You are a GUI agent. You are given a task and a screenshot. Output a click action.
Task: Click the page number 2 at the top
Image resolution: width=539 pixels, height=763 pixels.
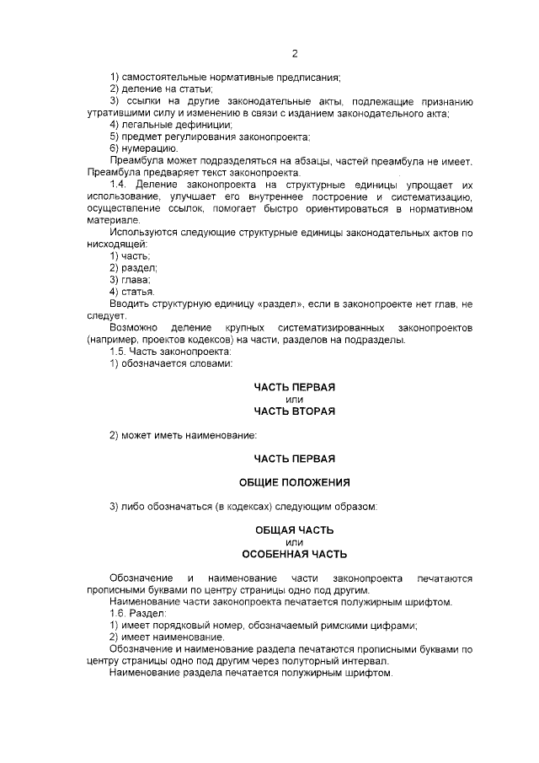click(295, 54)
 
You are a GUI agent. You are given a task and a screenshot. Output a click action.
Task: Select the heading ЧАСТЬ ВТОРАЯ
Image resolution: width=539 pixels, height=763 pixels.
click(295, 411)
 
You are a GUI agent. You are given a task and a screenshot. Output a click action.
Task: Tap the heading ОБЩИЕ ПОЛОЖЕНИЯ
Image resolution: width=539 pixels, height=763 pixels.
click(295, 482)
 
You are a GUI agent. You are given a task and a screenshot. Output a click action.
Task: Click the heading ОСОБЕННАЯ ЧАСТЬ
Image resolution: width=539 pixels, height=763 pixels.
click(295, 554)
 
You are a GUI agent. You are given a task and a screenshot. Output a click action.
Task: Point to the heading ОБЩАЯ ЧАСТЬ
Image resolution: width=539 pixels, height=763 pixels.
click(295, 530)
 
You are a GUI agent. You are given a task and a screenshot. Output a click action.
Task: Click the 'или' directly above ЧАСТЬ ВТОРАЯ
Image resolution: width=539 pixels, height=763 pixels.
click(295, 399)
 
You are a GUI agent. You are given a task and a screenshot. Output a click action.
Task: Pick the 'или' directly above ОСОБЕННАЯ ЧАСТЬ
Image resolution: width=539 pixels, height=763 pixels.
click(295, 542)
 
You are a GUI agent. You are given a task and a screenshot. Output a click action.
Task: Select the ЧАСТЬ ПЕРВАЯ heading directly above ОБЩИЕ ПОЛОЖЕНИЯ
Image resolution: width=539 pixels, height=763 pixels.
click(295, 459)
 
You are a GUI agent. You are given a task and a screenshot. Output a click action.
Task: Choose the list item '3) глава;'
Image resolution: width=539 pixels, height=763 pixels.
click(130, 280)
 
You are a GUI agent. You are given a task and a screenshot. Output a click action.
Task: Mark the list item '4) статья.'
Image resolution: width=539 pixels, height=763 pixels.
click(132, 292)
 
